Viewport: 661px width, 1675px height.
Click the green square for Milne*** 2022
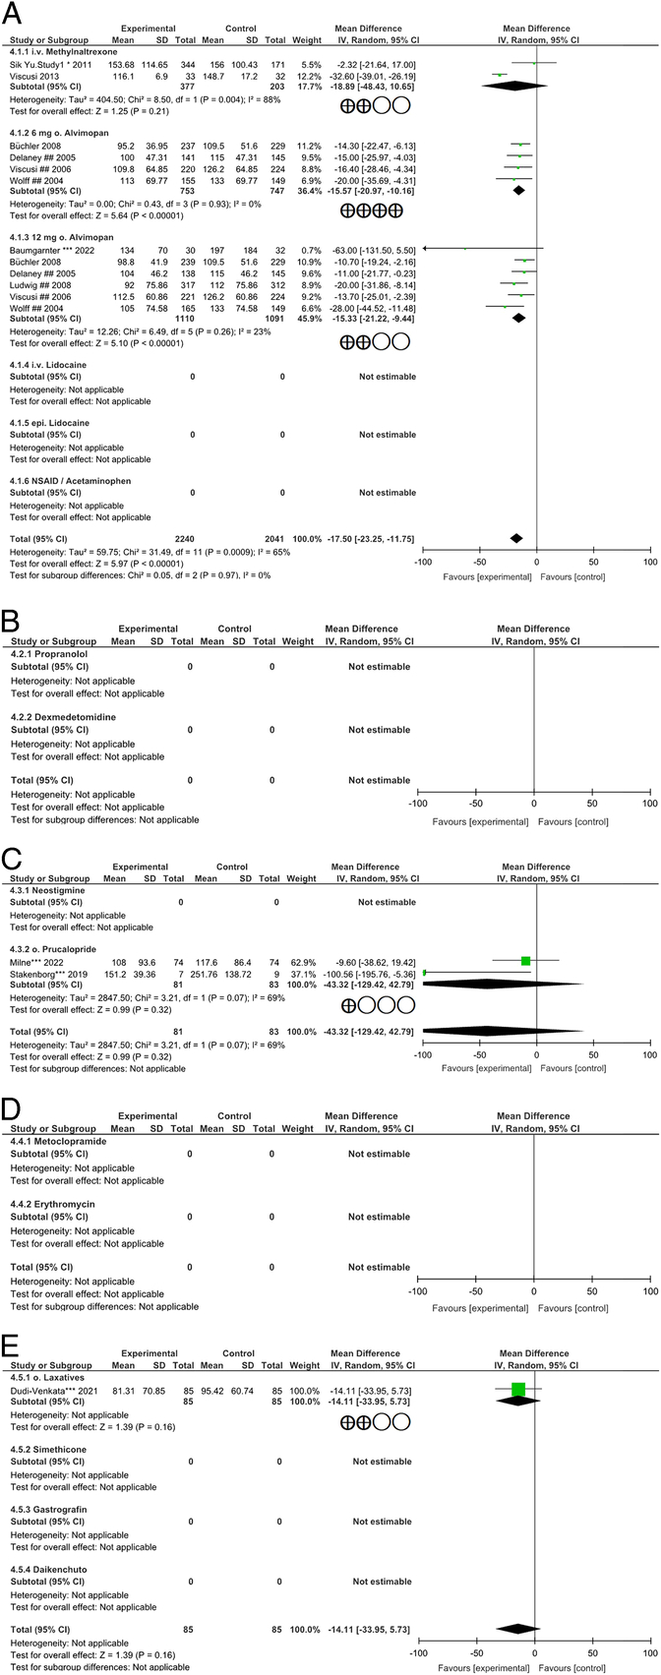tap(526, 960)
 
